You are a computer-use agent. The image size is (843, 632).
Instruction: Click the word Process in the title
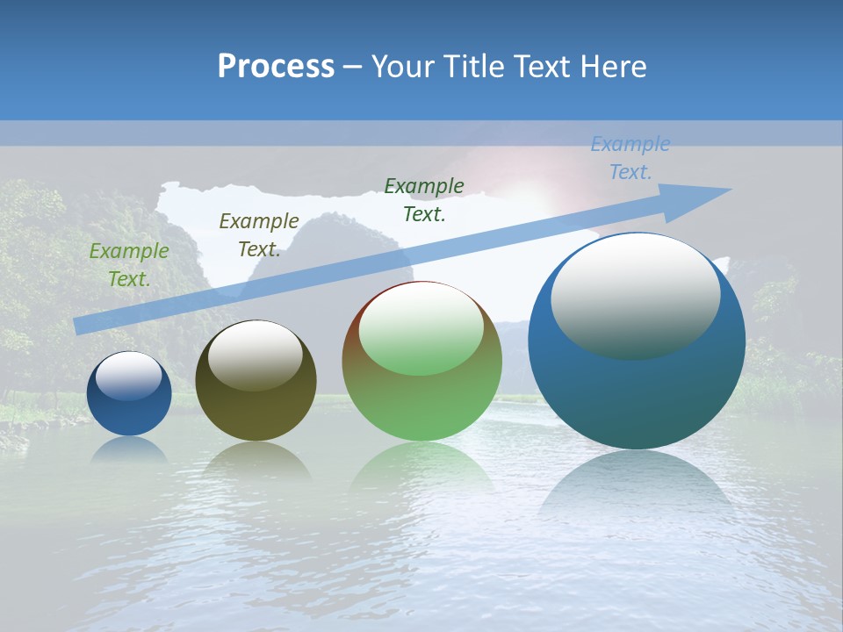pyautogui.click(x=276, y=66)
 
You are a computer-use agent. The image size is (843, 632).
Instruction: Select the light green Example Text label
pyautogui.click(x=129, y=265)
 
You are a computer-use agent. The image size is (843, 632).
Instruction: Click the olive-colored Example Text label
pyautogui.click(x=259, y=235)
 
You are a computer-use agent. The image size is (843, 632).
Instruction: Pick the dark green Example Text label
pyautogui.click(x=424, y=200)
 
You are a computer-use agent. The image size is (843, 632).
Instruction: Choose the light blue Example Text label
pyautogui.click(x=630, y=158)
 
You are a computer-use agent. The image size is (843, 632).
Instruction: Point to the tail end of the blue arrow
pyautogui.click(x=79, y=326)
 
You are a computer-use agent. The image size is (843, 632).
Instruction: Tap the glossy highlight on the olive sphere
pyautogui.click(x=255, y=354)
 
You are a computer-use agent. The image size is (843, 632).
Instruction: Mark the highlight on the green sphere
pyautogui.click(x=421, y=327)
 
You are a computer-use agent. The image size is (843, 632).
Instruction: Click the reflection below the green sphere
pyautogui.click(x=421, y=465)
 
